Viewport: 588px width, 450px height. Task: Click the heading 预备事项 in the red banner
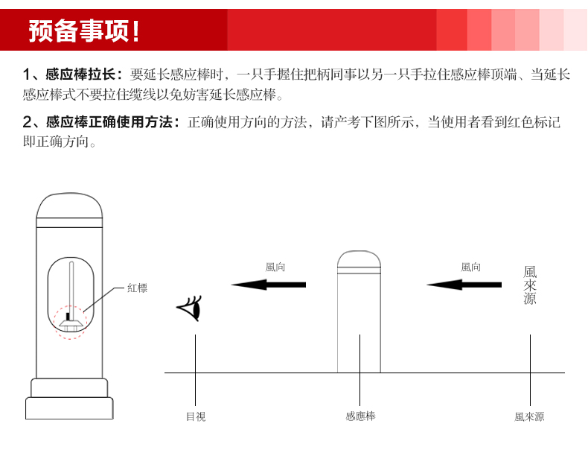point(80,31)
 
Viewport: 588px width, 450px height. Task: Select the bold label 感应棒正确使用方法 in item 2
point(109,122)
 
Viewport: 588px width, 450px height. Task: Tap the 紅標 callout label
point(137,288)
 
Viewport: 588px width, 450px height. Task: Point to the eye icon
point(189,308)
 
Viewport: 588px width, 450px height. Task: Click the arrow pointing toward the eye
point(269,285)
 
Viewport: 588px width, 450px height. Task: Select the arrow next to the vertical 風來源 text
point(464,285)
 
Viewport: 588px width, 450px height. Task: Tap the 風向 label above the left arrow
point(275,267)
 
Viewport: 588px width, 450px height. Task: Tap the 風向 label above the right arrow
point(470,267)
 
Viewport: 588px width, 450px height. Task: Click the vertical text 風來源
point(530,285)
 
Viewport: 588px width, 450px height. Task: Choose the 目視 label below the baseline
point(196,416)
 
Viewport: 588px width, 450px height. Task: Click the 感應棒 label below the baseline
point(360,416)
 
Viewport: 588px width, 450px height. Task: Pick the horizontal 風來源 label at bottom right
point(529,416)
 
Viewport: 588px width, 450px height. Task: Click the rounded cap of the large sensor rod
point(69,206)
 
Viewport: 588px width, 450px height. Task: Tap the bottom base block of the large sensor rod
point(69,408)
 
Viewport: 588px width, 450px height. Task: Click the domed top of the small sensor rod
point(359,259)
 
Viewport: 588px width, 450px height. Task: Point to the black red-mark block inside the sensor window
point(68,317)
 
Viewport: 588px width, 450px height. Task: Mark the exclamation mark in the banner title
point(135,31)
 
